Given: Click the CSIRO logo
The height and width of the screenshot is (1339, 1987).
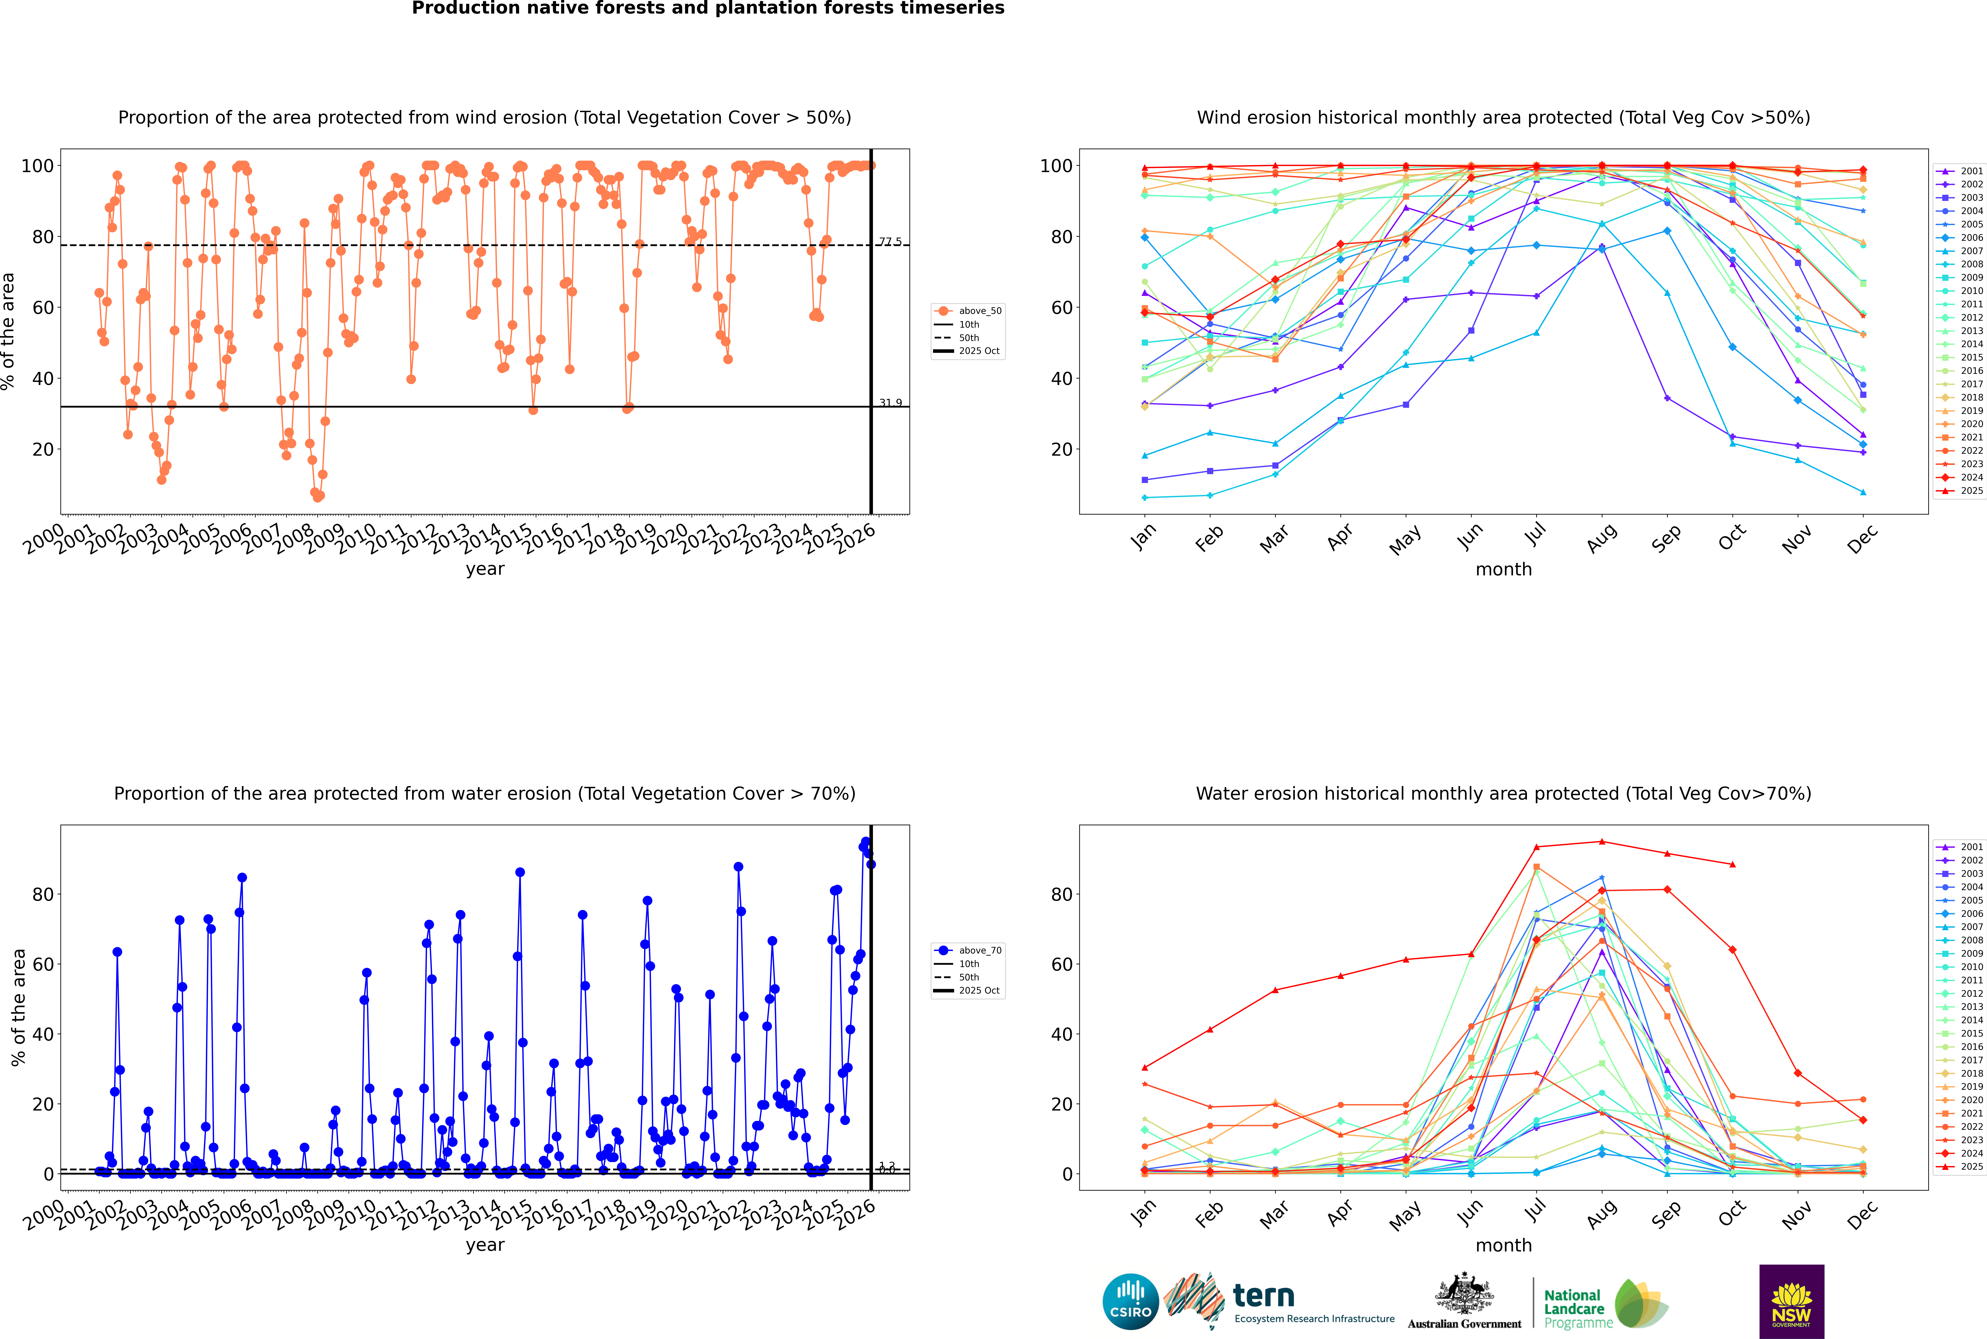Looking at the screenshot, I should (1130, 1301).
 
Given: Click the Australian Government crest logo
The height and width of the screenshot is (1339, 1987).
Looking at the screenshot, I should (1464, 1301).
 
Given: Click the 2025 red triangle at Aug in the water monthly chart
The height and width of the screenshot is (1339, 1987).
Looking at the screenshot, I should (1602, 842).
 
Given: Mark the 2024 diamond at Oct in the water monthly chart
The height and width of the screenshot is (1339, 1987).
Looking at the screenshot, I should (1732, 950).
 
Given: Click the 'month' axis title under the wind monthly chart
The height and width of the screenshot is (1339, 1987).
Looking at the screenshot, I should (1503, 570).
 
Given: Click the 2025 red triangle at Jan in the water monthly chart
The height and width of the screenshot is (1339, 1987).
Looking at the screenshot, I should (1145, 1068).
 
